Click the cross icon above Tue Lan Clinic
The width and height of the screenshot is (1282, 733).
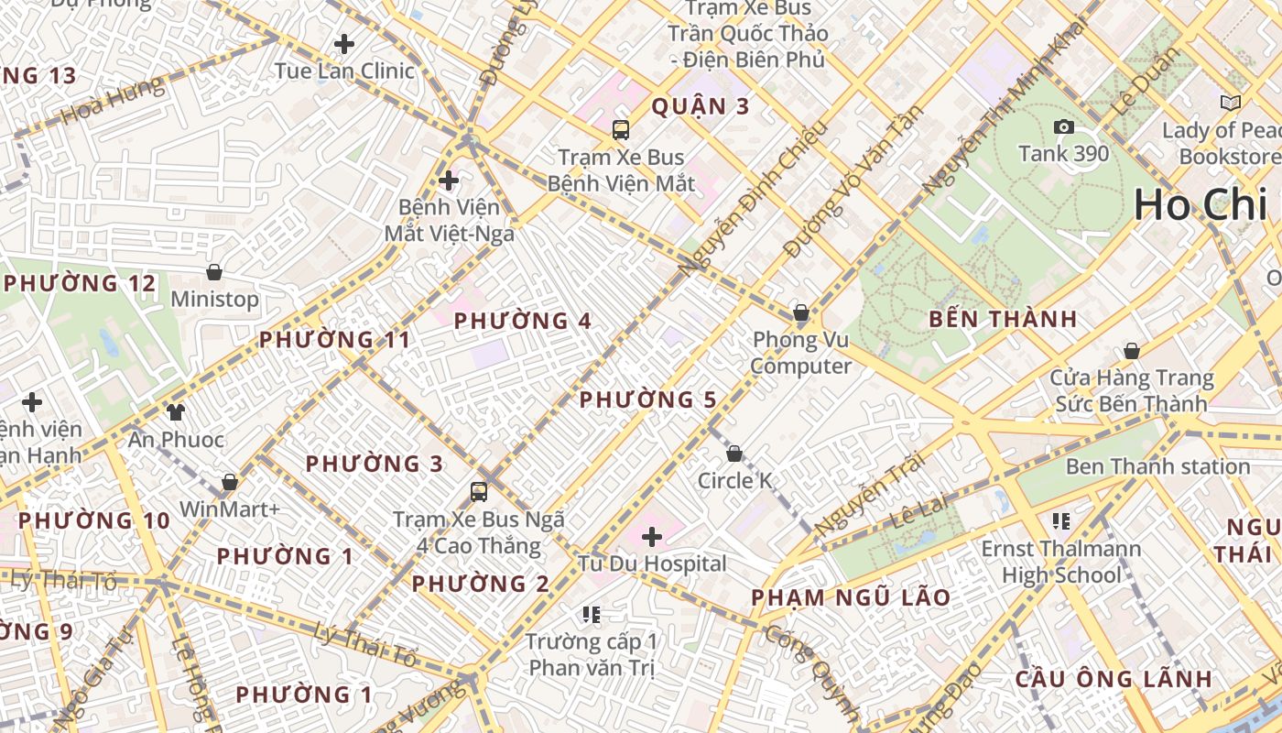[x=344, y=43]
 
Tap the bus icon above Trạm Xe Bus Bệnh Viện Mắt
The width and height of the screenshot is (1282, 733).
[x=621, y=129]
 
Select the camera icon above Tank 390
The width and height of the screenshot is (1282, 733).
[x=1063, y=126]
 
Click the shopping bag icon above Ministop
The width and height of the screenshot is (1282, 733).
[x=214, y=272]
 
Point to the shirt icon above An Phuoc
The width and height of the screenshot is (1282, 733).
[x=175, y=412]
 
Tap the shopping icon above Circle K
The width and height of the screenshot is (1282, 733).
[x=733, y=454]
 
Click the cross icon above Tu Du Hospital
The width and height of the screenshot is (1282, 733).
[x=652, y=536]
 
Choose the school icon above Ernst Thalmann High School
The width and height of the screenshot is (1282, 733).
[x=1061, y=521]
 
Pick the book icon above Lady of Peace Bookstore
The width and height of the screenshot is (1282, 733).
[x=1231, y=103]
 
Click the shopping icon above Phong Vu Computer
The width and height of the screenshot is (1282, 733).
[x=800, y=312]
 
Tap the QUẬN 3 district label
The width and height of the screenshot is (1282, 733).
[x=701, y=106]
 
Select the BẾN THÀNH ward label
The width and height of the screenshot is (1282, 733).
[x=1003, y=320]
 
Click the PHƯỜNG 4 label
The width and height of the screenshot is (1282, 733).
[x=523, y=322]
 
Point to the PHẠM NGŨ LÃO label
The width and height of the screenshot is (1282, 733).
[x=851, y=598]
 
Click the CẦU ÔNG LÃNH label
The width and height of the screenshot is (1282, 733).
[x=1114, y=679]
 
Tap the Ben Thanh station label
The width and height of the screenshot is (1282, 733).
[x=1157, y=466]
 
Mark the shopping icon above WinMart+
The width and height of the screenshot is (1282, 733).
[x=229, y=482]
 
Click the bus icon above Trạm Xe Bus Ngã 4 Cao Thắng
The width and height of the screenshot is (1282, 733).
[x=478, y=492]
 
